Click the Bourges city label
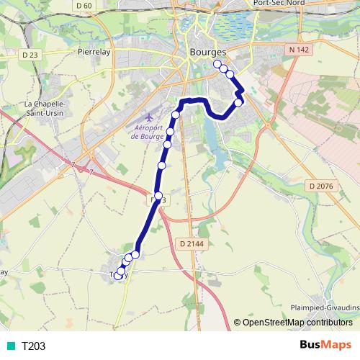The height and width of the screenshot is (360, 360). pos(207,53)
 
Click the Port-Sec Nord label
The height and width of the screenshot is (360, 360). pos(279,4)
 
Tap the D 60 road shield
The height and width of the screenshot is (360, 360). pos(84,6)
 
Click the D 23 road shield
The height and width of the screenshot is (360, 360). pos(30,55)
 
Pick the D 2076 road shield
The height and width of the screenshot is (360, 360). pos(322,186)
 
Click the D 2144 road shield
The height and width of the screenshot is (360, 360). pos(189,244)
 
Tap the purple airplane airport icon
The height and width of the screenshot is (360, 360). pos(148,116)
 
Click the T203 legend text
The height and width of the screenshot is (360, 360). pos(33,346)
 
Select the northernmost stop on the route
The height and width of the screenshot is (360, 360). pos(217,64)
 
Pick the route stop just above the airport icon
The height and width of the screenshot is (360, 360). pos(175,115)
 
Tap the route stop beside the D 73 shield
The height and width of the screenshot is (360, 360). pos(158,196)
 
